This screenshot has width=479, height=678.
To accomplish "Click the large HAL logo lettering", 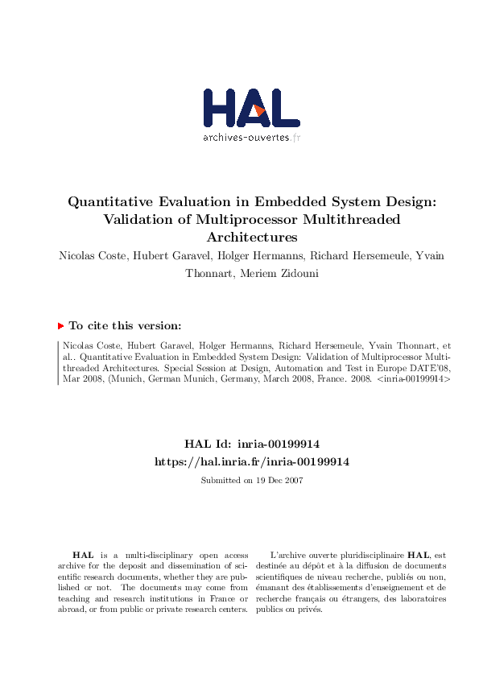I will click(251, 108).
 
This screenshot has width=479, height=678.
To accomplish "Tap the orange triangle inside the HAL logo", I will click(259, 110).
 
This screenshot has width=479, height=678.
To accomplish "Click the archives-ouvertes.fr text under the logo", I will click(251, 137).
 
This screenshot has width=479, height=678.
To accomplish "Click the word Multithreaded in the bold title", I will click(353, 219).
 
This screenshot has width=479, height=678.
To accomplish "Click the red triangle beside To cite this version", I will click(60, 326).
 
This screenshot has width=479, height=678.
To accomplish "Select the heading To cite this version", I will click(125, 326).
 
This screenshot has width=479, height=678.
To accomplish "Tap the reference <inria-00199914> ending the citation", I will click(413, 378).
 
